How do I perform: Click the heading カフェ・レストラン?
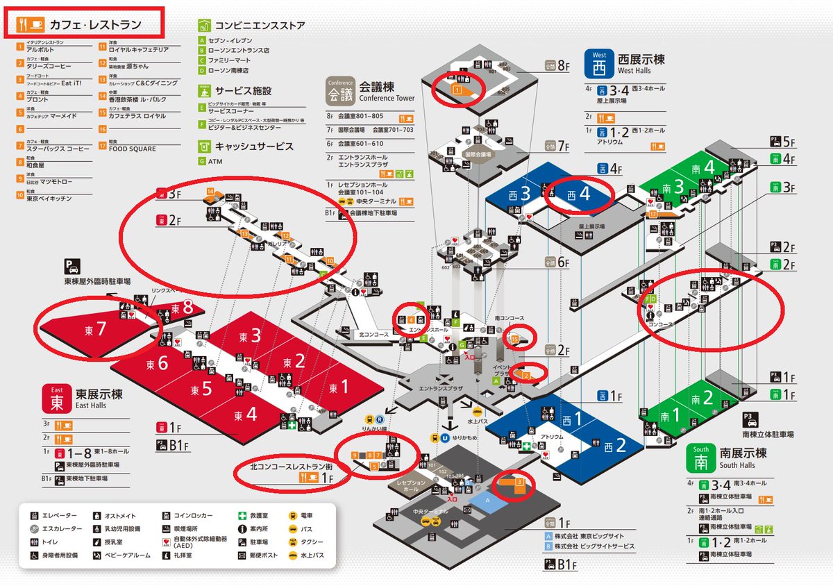(x=95, y=25)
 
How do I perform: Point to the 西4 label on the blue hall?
(x=578, y=194)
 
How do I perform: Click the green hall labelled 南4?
(x=708, y=168)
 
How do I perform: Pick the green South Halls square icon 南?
(x=699, y=458)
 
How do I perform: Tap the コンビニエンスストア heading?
(x=260, y=26)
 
